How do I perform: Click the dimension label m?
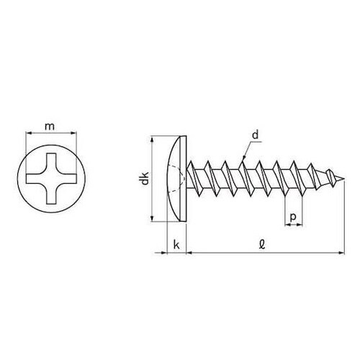coord(50,127)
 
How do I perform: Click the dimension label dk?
coord(145,179)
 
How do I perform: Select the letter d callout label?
coord(256,135)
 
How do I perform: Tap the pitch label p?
coord(293,217)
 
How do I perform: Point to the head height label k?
coord(176,245)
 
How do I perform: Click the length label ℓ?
coord(262,245)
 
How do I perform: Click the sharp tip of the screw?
coord(345,179)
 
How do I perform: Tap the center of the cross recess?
coord(51,179)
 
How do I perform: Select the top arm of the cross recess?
coord(51,161)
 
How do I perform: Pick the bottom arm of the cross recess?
coord(51,197)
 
